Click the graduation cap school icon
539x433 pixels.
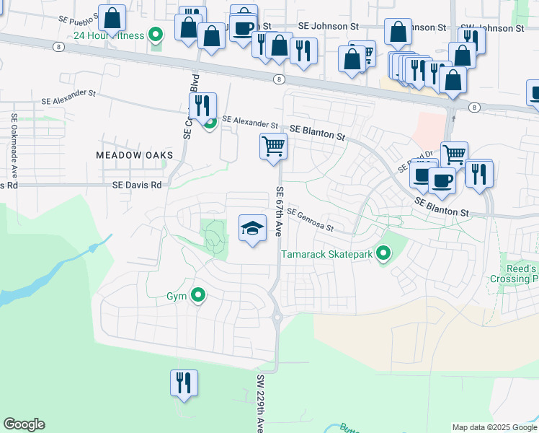pos(251,228)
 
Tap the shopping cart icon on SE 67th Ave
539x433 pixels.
pos(273,146)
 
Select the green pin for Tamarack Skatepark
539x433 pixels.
pos(383,253)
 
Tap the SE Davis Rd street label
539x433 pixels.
pos(137,185)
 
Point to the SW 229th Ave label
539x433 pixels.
pos(260,403)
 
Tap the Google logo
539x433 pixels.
pos(24,424)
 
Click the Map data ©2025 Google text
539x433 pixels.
pos(494,427)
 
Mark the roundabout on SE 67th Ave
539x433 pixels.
pos(276,315)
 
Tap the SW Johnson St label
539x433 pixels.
pos(492,28)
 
